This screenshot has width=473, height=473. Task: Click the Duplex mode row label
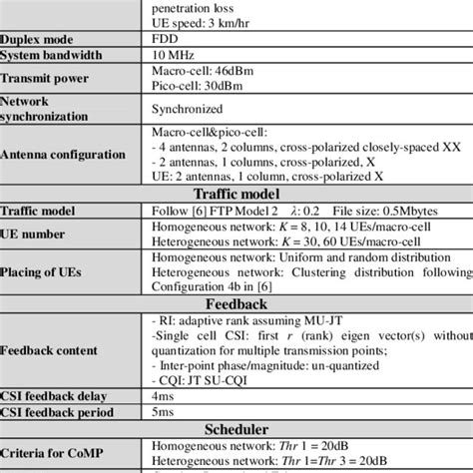pos(35,39)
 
